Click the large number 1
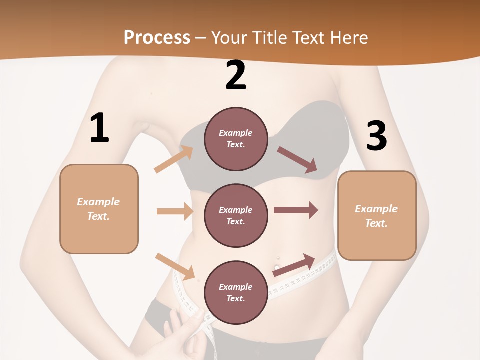[99, 128]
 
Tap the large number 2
[236, 75]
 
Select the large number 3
[376, 136]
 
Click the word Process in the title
[157, 37]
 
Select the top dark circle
[236, 139]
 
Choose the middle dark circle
[236, 215]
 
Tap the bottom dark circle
[236, 292]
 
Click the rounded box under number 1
[99, 209]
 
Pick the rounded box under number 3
[377, 215]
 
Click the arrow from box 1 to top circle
[174, 159]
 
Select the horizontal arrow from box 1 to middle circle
[175, 211]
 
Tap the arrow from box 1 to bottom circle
[175, 266]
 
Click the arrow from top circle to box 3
[298, 160]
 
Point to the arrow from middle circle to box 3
[296, 210]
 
